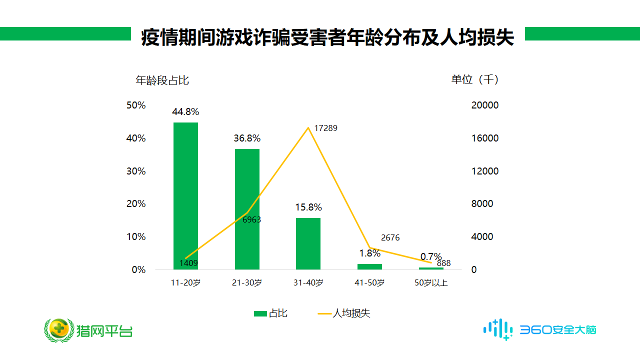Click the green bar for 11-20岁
click(x=185, y=195)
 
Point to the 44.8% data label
click(x=185, y=112)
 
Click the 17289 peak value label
click(x=325, y=128)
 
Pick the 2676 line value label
click(x=390, y=238)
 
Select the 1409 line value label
click(x=189, y=263)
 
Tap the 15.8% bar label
click(x=308, y=207)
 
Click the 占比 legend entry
click(x=270, y=313)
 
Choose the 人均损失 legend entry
click(x=344, y=313)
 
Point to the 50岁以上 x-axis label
click(x=431, y=283)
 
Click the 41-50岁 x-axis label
click(x=369, y=283)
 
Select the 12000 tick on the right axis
click(x=484, y=171)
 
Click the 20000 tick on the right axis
click(x=484, y=105)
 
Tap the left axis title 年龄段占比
click(x=162, y=80)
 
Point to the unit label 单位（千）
click(x=475, y=79)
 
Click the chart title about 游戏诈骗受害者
click(x=327, y=38)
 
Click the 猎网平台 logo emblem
click(x=58, y=330)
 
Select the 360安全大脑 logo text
click(x=558, y=330)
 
